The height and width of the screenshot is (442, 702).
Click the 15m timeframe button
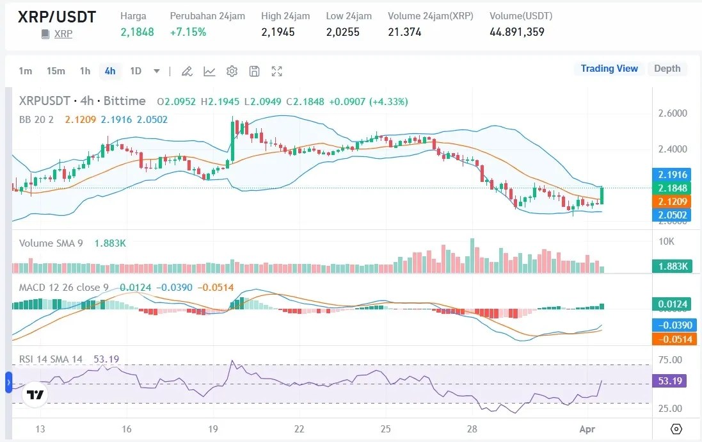pyautogui.click(x=56, y=71)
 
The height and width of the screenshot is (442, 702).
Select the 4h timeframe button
pyautogui.click(x=110, y=71)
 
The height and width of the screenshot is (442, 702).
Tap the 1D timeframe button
pyautogui.click(x=136, y=71)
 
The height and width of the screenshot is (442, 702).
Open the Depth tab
pyautogui.click(x=667, y=69)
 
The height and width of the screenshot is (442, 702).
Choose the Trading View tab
pyautogui.click(x=609, y=69)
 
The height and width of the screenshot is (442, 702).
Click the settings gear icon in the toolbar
pyautogui.click(x=232, y=71)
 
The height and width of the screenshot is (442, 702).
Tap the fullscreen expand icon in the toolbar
pyautogui.click(x=276, y=71)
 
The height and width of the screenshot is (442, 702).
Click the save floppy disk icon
pyautogui.click(x=254, y=71)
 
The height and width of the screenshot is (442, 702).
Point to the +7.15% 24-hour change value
pyautogui.click(x=188, y=31)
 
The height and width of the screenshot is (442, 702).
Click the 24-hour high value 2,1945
pyautogui.click(x=278, y=31)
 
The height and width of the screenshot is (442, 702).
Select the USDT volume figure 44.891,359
pyautogui.click(x=516, y=31)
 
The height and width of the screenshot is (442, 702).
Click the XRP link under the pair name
pyautogui.click(x=63, y=34)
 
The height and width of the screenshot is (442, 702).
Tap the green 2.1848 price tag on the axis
pyautogui.click(x=671, y=188)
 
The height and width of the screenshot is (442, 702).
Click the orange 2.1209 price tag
pyautogui.click(x=671, y=201)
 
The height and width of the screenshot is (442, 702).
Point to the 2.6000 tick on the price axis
pyautogui.click(x=673, y=113)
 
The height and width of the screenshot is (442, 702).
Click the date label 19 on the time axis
pyautogui.click(x=213, y=429)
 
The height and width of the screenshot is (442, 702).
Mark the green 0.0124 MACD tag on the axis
pyautogui.click(x=671, y=304)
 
